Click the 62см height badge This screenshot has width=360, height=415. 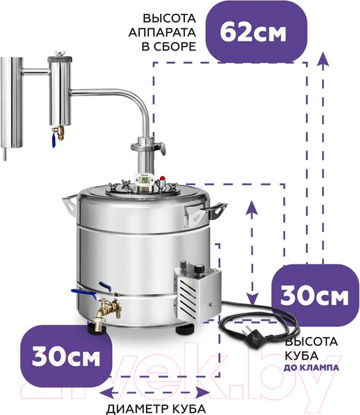256,32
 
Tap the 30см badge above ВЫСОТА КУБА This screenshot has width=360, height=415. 315,295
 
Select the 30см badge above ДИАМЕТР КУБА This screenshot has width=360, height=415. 66,357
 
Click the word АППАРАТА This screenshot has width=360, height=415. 162,33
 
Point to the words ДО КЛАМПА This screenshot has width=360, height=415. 312,368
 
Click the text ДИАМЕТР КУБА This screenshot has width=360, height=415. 156,409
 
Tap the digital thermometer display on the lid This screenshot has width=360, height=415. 143,181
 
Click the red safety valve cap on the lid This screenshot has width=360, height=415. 162,178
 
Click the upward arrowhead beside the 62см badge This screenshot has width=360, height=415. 323,59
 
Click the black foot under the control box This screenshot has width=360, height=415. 184,329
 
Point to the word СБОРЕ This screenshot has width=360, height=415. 169,46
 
